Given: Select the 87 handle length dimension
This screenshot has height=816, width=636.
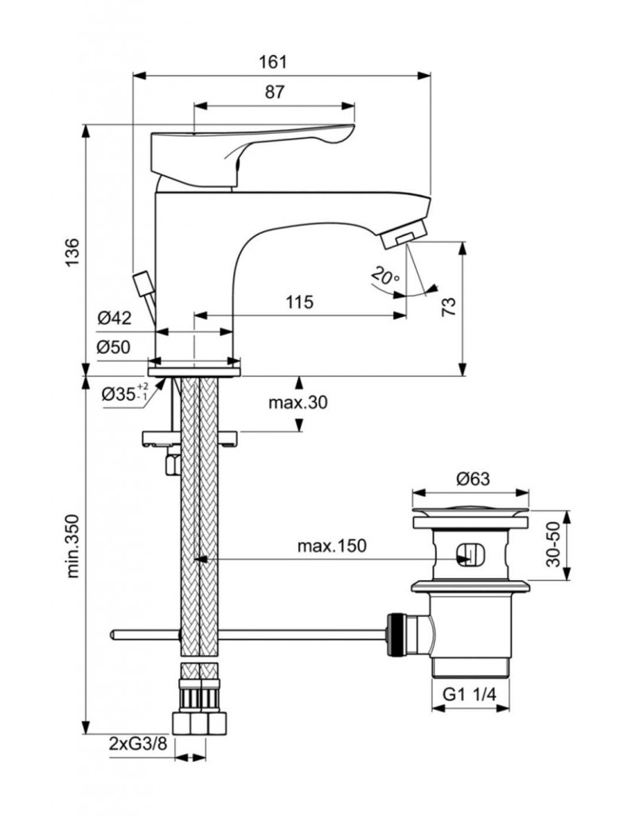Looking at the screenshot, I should (274, 92).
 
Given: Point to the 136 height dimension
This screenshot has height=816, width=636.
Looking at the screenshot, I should (71, 253).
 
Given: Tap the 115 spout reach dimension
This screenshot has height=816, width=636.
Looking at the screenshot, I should (298, 302).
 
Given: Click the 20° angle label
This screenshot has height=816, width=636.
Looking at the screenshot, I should (385, 277).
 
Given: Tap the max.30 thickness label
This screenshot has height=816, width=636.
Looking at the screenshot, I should (297, 403).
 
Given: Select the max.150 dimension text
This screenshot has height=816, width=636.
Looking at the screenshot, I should (331, 546).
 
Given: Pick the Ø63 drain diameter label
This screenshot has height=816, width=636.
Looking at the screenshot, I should (473, 480).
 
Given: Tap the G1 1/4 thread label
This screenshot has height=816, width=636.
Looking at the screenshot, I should (470, 695).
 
